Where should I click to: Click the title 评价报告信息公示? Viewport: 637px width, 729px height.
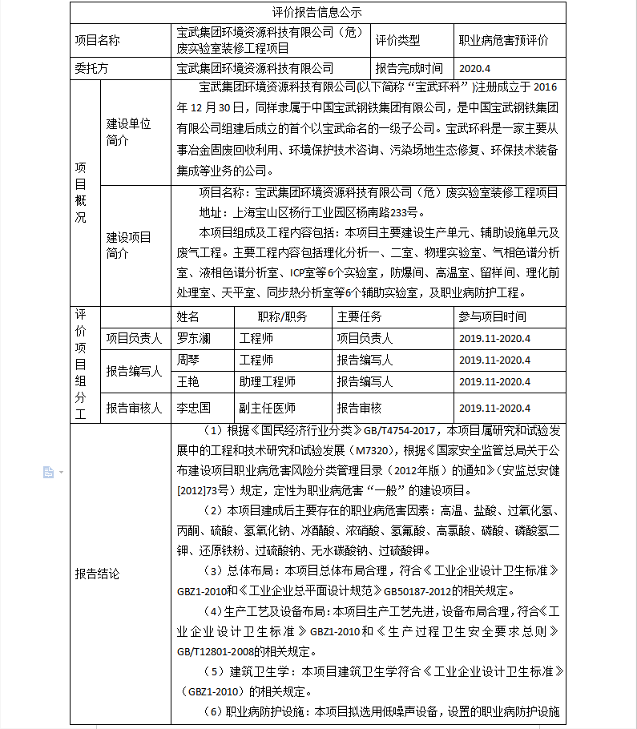[x=317, y=12]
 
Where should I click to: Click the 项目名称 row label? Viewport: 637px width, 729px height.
[x=97, y=40]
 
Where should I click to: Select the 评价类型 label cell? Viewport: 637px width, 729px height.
[x=397, y=40]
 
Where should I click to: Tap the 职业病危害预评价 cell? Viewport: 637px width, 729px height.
[x=503, y=40]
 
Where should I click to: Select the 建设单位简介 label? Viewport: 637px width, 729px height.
[x=128, y=132]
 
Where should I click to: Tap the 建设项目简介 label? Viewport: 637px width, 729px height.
[x=128, y=245]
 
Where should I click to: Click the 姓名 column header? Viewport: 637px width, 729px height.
[x=188, y=316]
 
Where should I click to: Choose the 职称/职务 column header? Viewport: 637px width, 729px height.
[x=282, y=316]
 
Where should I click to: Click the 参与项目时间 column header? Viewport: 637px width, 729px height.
[x=493, y=316]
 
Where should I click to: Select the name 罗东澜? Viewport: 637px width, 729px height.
[x=194, y=338]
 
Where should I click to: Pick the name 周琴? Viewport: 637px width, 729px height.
[x=188, y=360]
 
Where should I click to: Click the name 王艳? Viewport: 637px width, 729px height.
[x=188, y=381]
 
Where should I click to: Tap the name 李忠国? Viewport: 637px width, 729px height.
[x=194, y=408]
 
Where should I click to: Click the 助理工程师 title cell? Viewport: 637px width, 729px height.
[x=268, y=381]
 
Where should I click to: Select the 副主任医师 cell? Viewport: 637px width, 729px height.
[x=268, y=408]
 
